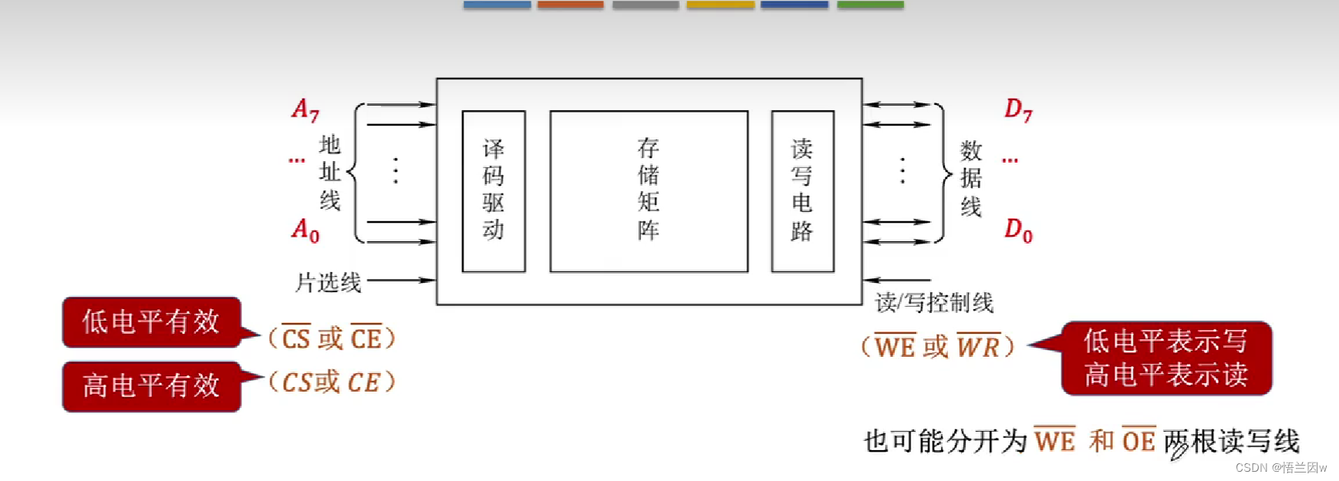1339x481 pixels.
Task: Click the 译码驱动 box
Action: point(494,191)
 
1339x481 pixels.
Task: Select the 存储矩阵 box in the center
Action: point(649,191)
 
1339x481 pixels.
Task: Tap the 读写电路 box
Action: point(802,191)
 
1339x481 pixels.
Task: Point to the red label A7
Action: point(305,110)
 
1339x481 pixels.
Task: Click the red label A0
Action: point(305,230)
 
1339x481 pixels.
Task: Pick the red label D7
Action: point(1017,110)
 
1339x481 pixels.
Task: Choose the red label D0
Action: point(1017,230)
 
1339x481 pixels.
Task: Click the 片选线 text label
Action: point(329,283)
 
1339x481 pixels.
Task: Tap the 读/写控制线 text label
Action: point(934,303)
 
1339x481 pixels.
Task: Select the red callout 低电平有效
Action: point(152,322)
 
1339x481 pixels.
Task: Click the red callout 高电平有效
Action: point(152,385)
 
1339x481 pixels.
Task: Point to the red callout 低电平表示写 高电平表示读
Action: point(1165,358)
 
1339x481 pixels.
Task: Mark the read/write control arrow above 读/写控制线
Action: point(896,280)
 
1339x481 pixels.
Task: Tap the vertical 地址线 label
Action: point(330,173)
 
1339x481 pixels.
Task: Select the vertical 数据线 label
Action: point(971,178)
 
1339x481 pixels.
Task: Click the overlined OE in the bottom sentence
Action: point(1138,441)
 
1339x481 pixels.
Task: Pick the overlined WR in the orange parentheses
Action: point(978,347)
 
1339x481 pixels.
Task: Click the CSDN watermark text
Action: point(1280,468)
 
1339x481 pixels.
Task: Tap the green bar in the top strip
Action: point(870,5)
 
